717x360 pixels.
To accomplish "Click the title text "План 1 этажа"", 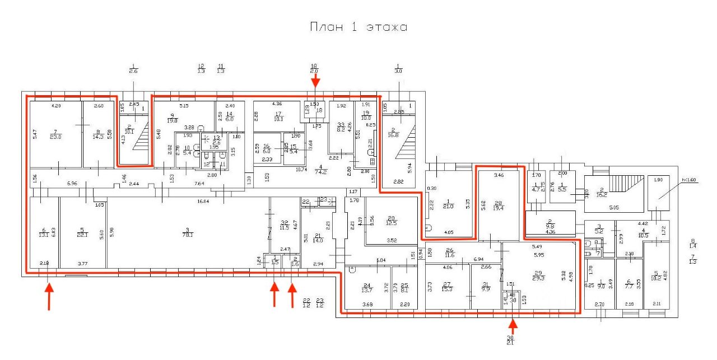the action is coord(358,27).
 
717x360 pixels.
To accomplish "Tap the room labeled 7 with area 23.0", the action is coord(55,134).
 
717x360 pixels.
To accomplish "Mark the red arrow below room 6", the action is coord(49,296).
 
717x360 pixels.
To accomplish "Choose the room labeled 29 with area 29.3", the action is coord(539,277).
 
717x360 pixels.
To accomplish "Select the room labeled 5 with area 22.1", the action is coord(82,232).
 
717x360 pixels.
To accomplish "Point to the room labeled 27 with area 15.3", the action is coord(447,286).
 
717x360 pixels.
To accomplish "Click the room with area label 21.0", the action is coord(448,204).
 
